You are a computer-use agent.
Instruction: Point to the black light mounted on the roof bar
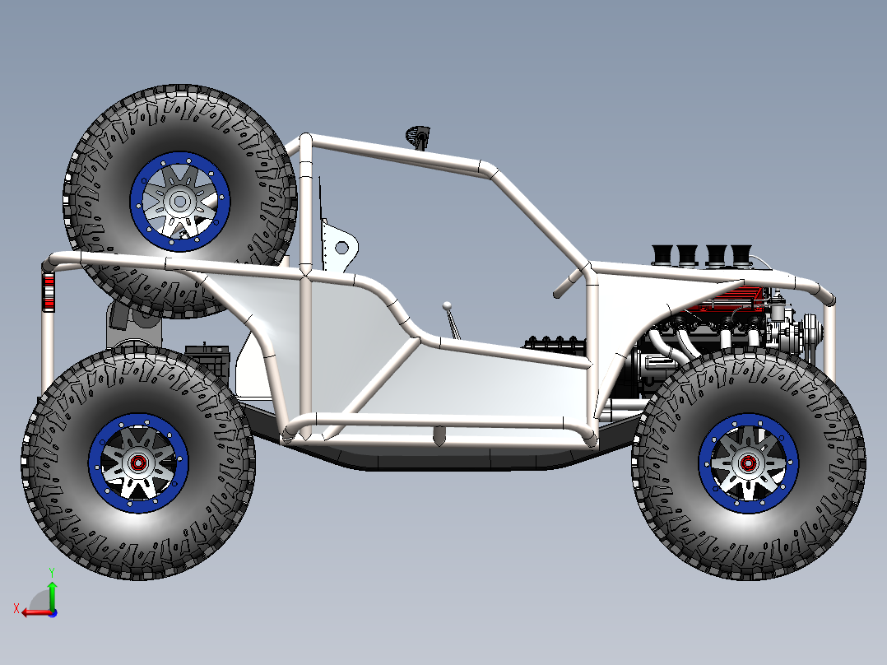[x=419, y=135]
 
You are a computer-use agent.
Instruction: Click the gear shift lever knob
[x=447, y=305]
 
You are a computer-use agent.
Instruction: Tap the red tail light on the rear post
[x=49, y=293]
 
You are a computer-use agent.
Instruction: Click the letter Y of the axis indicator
[x=52, y=570]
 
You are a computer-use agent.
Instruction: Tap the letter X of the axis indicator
[x=16, y=608]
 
